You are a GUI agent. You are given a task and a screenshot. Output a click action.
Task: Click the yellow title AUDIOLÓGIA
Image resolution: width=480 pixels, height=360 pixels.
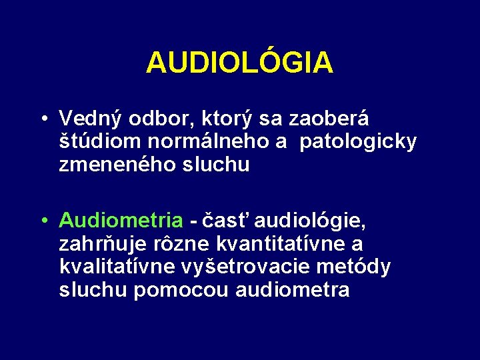click(x=239, y=63)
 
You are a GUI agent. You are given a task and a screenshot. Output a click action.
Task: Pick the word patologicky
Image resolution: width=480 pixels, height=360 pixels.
click(x=358, y=142)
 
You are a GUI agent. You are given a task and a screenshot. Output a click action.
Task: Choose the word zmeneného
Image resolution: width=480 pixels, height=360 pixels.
click(x=117, y=165)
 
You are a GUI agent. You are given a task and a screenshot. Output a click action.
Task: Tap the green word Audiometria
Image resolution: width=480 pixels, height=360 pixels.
click(x=121, y=219)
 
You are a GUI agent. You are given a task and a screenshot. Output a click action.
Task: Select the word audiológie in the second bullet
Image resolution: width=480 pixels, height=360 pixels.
click(x=311, y=219)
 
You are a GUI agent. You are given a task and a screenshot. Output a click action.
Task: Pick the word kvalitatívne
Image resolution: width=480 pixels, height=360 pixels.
click(x=117, y=267)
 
